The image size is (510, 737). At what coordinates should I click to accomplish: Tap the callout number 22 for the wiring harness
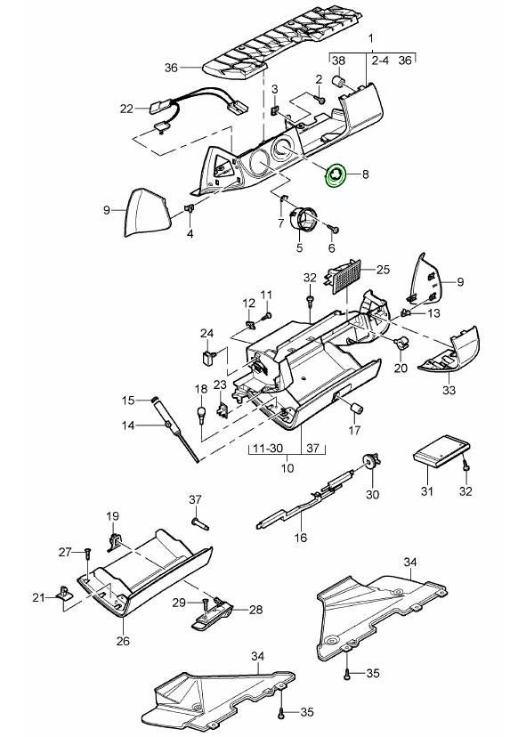click(x=126, y=109)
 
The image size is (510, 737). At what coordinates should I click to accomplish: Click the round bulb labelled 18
click(x=202, y=414)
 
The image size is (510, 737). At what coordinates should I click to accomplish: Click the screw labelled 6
click(x=336, y=229)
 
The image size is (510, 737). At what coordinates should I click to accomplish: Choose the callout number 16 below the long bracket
click(x=300, y=538)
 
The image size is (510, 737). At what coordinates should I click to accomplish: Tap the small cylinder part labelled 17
click(x=356, y=407)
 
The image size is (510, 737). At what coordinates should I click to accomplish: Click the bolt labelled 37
click(x=200, y=524)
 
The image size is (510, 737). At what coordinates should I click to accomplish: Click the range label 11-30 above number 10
click(x=268, y=448)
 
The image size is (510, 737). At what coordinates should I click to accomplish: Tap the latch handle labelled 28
click(x=213, y=615)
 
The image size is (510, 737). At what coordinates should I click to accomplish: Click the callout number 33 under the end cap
click(x=449, y=390)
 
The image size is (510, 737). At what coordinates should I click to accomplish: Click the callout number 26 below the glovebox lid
click(x=123, y=641)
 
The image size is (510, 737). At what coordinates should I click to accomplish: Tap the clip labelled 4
click(x=189, y=207)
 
